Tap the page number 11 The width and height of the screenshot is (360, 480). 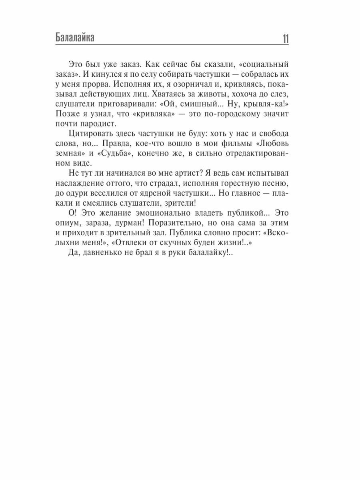point(285,39)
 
